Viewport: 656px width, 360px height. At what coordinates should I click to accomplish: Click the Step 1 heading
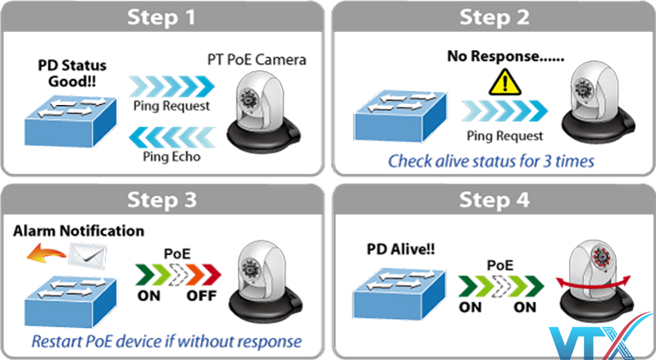163,17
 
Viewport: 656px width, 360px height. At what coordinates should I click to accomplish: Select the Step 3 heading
163,198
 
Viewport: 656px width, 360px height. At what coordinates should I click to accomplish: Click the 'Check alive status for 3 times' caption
490,161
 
